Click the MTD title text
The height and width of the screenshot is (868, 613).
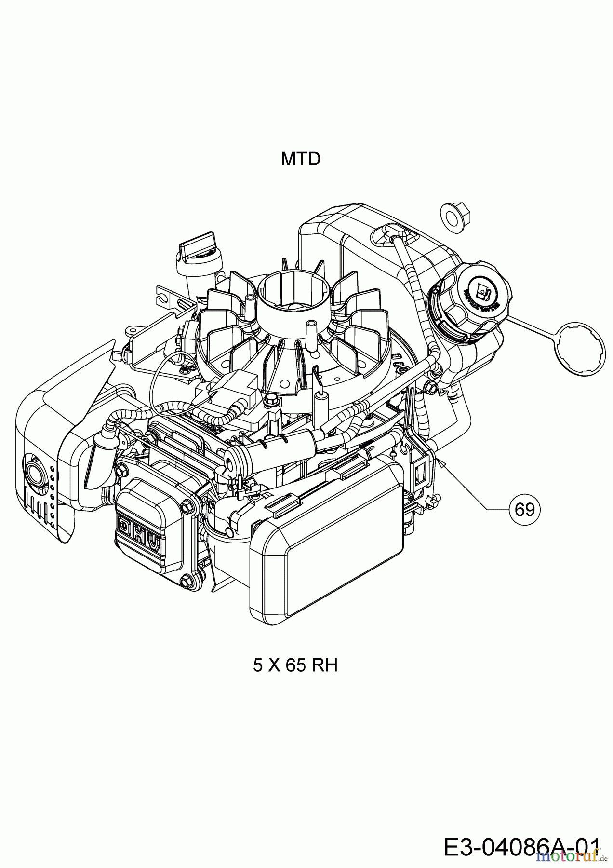coord(300,159)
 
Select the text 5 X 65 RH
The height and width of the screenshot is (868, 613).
coord(295,666)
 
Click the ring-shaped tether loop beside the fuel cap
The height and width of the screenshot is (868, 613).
coord(580,351)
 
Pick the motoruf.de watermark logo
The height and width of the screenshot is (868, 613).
coord(568,856)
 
